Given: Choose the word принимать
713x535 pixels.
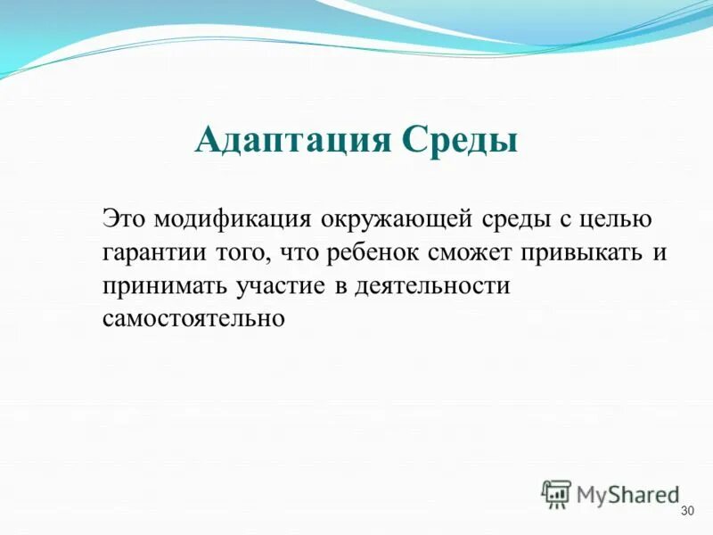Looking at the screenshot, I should point(165,286).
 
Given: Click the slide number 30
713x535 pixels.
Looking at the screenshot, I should point(686,511).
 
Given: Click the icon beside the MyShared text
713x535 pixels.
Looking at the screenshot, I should point(556,493).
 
